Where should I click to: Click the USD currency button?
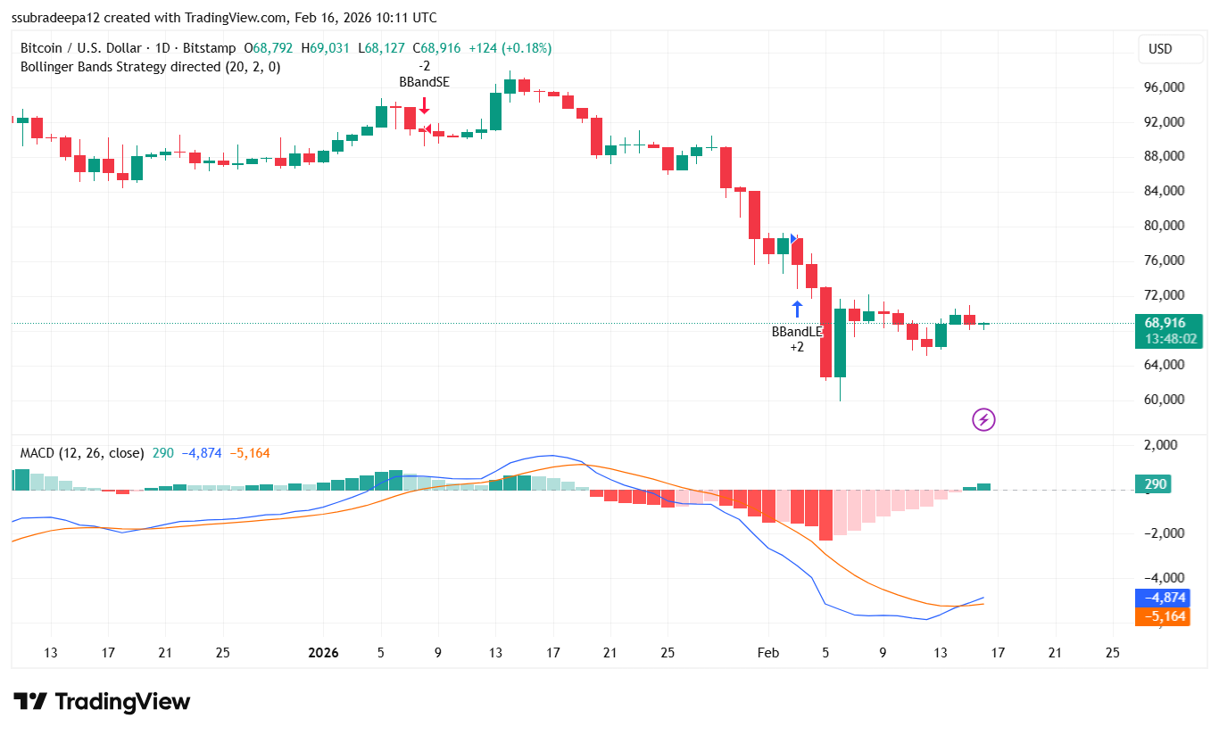point(1159,49)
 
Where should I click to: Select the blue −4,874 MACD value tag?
point(1161,598)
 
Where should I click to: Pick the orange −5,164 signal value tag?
point(1161,616)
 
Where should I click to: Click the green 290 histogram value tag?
point(1157,484)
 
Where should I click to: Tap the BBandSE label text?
point(424,82)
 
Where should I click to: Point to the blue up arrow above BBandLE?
point(797,310)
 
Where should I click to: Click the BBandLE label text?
point(797,332)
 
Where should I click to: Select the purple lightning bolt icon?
point(983,419)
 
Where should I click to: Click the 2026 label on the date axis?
point(323,653)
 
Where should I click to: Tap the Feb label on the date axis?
point(768,653)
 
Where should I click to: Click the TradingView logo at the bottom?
point(102,702)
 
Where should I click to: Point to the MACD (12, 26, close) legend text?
point(82,453)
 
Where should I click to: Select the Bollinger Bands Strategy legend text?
point(150,67)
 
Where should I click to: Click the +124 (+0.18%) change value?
point(510,48)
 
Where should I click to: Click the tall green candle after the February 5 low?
point(840,343)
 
